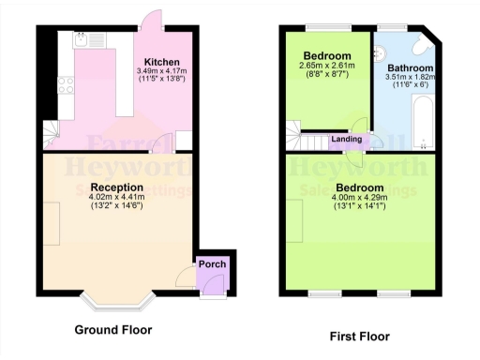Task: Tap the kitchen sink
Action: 81,40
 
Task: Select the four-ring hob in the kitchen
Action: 65,86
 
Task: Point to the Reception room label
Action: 115,187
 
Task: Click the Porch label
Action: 213,264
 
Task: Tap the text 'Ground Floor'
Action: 112,330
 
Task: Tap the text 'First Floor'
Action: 360,336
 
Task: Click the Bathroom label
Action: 411,68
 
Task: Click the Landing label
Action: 347,140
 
